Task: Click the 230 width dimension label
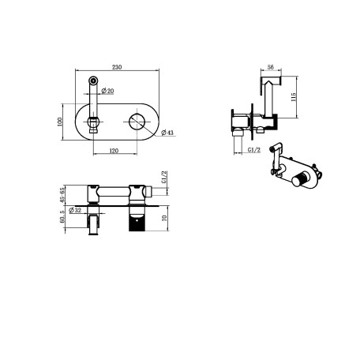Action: coord(117,67)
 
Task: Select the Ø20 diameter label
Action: coord(107,91)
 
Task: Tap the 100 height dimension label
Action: coord(59,122)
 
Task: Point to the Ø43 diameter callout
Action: coord(167,132)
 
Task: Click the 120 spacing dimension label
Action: coord(114,151)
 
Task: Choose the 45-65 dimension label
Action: coord(62,195)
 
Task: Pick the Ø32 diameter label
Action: coord(75,210)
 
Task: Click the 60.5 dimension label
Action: coord(62,216)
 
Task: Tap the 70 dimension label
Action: coord(165,218)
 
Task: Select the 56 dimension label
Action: coord(271,67)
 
